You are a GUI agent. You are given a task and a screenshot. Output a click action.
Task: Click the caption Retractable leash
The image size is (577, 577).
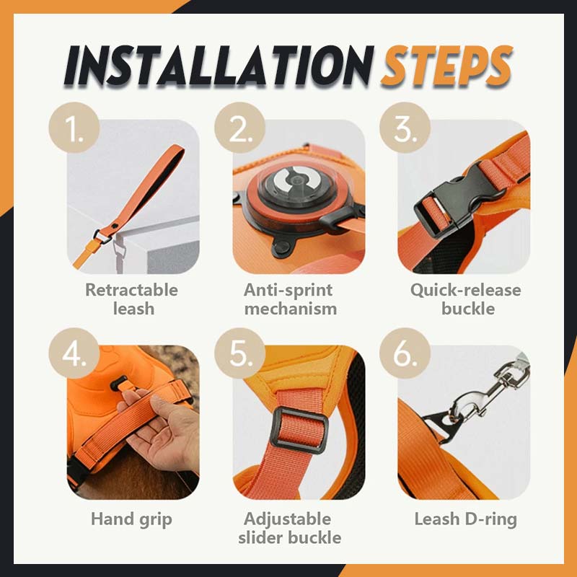(131, 299)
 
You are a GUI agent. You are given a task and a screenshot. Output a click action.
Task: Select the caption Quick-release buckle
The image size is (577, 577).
(465, 299)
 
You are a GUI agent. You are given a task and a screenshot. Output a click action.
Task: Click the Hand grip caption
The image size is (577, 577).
(131, 519)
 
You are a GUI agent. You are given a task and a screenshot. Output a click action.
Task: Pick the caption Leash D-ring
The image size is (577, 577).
(465, 519)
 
